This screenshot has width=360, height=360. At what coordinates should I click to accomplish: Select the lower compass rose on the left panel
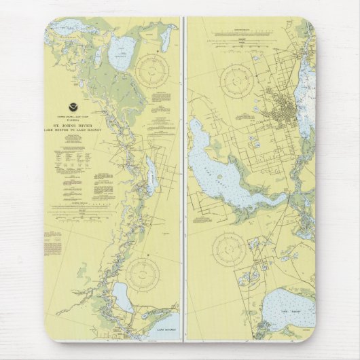pyautogui.click(x=143, y=274)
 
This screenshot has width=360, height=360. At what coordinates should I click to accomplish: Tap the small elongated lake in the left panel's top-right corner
pyautogui.click(x=165, y=38)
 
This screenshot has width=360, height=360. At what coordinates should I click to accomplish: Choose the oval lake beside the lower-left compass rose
pyautogui.click(x=123, y=297)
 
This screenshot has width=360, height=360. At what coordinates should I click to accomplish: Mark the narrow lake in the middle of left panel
pyautogui.click(x=151, y=177)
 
